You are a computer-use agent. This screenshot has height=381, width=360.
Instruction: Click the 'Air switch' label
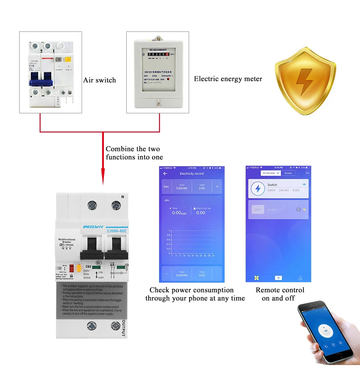(x=99, y=80)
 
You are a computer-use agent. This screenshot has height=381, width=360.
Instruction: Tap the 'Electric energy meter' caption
(x=228, y=79)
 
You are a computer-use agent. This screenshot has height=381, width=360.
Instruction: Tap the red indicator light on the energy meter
(x=169, y=79)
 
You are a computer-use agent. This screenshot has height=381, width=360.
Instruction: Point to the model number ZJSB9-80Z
(x=116, y=231)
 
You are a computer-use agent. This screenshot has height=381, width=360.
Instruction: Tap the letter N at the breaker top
(x=123, y=197)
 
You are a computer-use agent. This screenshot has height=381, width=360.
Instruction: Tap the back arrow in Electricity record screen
(x=165, y=173)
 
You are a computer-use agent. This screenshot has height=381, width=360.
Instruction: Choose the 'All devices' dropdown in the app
(x=270, y=173)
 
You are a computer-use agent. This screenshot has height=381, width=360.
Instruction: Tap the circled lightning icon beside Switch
(x=258, y=188)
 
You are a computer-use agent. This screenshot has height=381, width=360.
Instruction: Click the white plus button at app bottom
(x=278, y=277)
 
